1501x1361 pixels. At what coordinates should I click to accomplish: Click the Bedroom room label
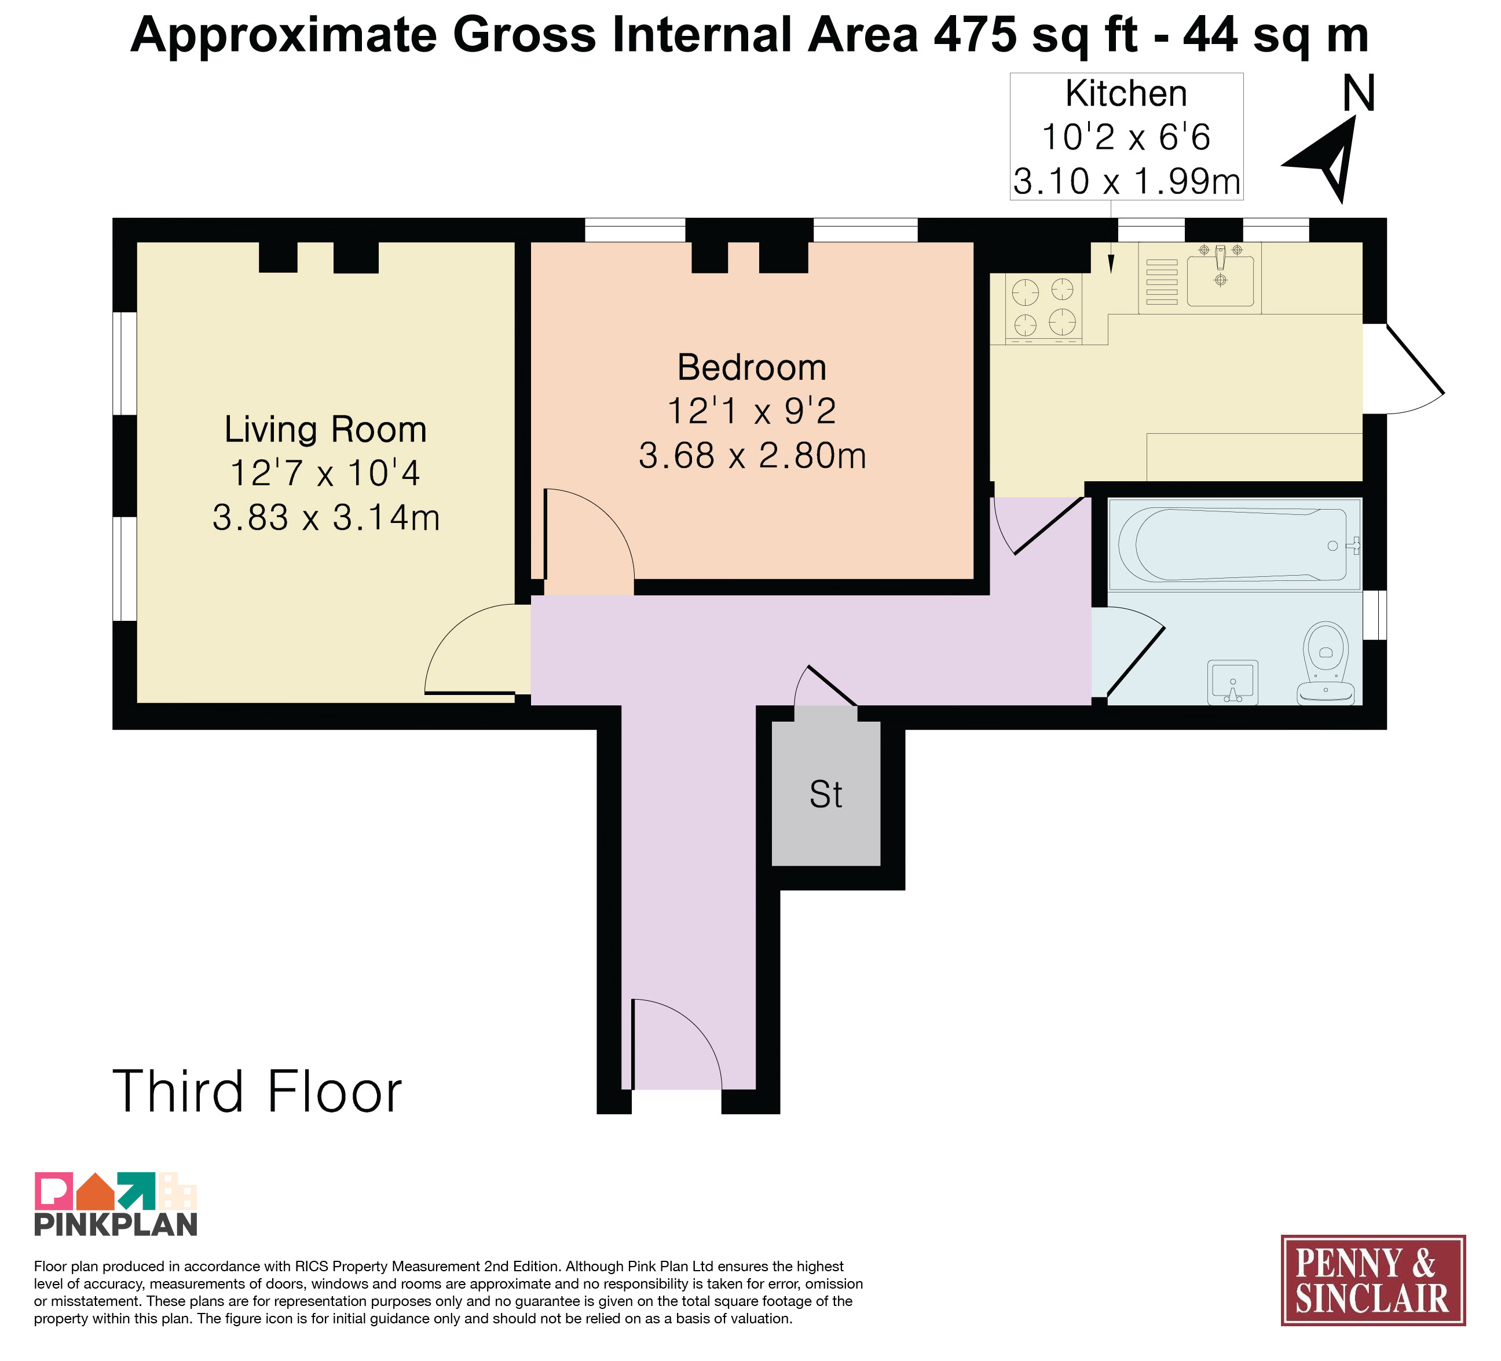(752, 368)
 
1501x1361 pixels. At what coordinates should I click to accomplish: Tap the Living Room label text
(325, 430)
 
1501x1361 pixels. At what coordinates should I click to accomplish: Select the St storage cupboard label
(826, 795)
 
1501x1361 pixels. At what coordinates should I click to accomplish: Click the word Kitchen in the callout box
(1126, 94)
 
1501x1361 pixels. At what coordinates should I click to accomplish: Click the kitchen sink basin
(1220, 281)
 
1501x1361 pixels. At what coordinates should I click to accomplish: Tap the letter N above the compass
(1359, 94)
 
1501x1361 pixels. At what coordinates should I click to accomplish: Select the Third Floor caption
(258, 1092)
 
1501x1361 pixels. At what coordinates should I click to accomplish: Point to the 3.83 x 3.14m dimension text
(326, 517)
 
